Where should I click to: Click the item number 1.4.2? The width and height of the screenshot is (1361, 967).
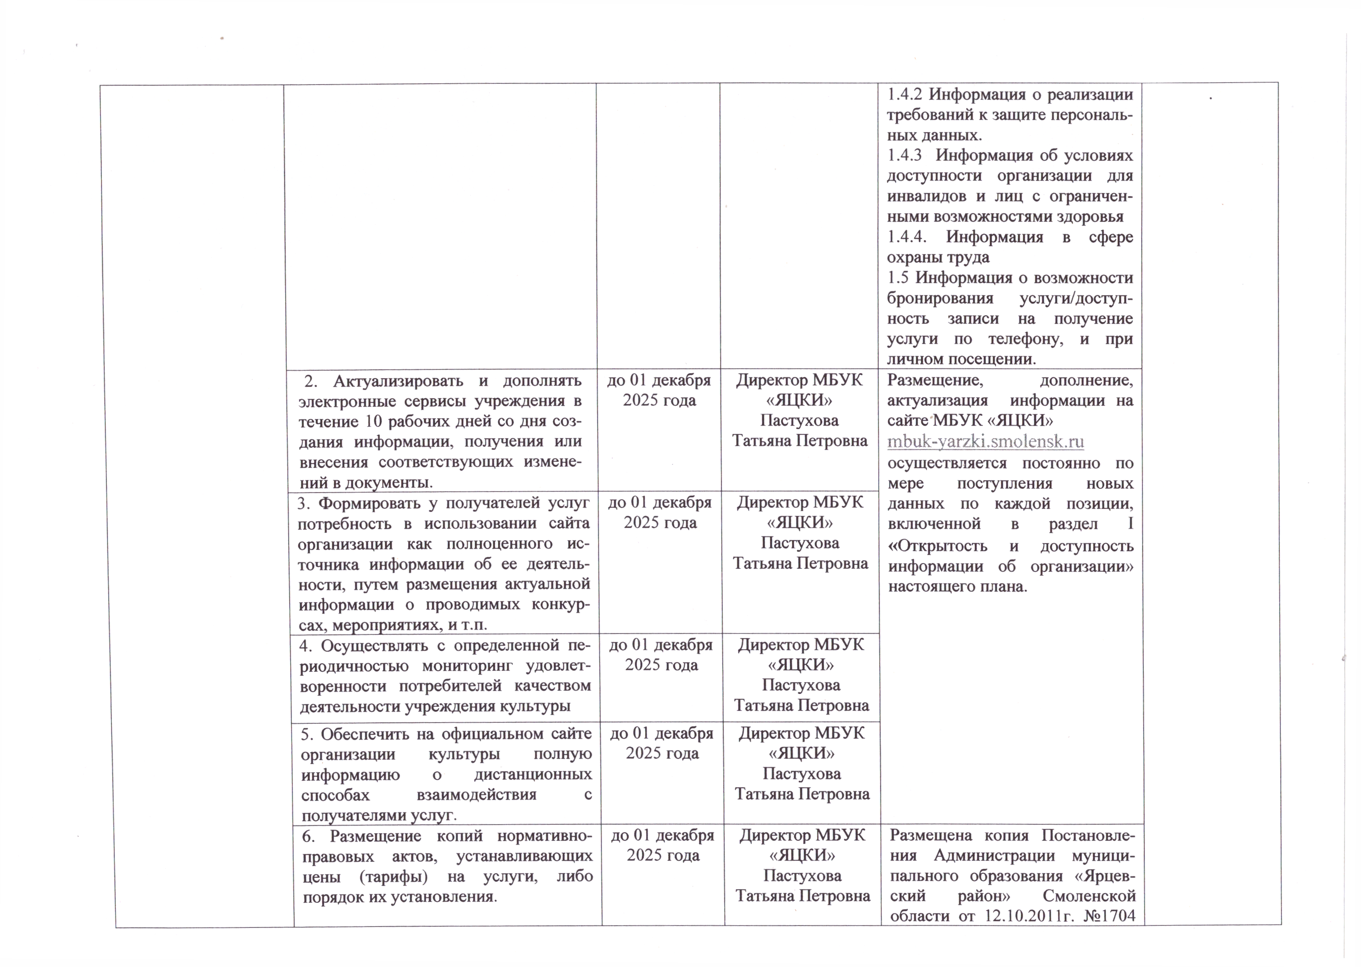[905, 95]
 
